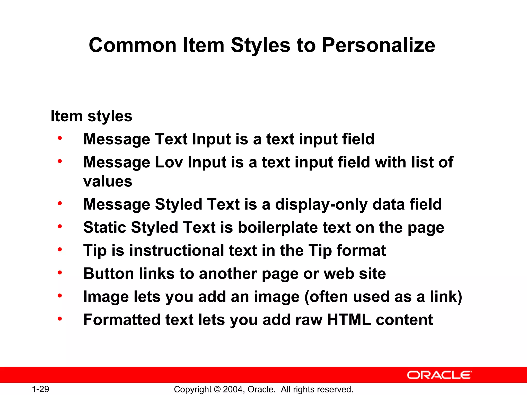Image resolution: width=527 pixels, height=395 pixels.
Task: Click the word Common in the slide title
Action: (x=133, y=45)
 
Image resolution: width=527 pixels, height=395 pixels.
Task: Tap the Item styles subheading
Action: (x=91, y=116)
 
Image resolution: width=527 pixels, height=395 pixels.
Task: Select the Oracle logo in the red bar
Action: (x=439, y=375)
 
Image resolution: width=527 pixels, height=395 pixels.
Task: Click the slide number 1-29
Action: (x=40, y=389)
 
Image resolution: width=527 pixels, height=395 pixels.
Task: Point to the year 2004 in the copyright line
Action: (x=232, y=389)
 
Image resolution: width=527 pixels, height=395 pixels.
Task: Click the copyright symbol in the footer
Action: (x=217, y=389)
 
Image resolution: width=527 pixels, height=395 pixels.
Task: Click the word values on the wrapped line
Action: (x=108, y=182)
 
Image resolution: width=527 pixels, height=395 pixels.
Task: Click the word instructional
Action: (x=177, y=251)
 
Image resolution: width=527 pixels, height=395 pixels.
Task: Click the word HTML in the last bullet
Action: (x=349, y=320)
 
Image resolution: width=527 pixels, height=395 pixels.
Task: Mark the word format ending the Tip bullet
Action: (x=361, y=251)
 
